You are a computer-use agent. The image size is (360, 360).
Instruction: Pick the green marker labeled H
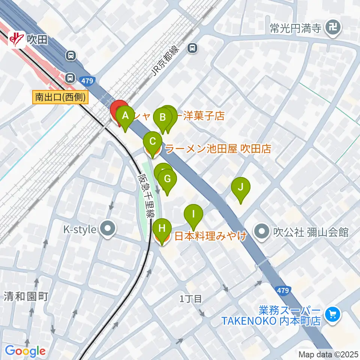pyautogui.click(x=162, y=228)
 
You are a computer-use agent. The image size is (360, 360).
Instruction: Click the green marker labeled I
pyautogui.click(x=193, y=214)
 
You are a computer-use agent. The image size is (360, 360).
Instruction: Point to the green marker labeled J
pyautogui.click(x=241, y=187)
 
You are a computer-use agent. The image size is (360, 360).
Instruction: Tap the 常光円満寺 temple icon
pyautogui.click(x=332, y=27)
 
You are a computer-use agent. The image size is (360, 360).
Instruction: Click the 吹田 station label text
pyautogui.click(x=37, y=39)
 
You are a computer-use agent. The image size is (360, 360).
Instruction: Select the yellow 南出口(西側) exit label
pyautogui.click(x=60, y=98)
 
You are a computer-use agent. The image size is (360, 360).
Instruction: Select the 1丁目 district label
pyautogui.click(x=191, y=299)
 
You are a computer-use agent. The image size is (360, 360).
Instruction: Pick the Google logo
pyautogui.click(x=25, y=351)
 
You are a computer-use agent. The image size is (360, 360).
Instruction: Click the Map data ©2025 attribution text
pyautogui.click(x=328, y=354)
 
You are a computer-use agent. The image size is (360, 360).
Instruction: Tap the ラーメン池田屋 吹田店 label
pyautogui.click(x=218, y=149)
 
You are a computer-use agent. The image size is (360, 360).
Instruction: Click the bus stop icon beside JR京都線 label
pyautogui.click(x=192, y=48)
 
